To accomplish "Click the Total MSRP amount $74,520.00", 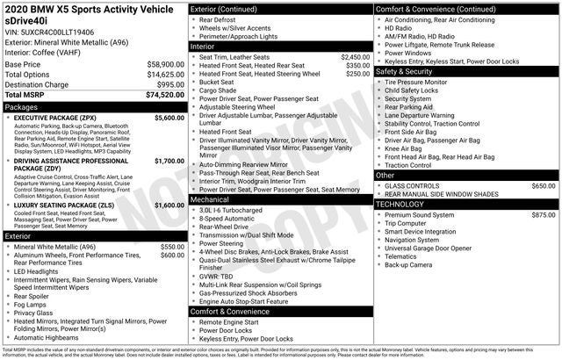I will tap(160, 95).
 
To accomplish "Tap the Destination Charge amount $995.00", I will tap(166, 84).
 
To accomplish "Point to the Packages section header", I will tap(22, 107).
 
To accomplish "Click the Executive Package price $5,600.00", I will tap(169, 118).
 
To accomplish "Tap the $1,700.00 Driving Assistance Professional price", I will tap(169, 162).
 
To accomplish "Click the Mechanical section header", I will tap(211, 199).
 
